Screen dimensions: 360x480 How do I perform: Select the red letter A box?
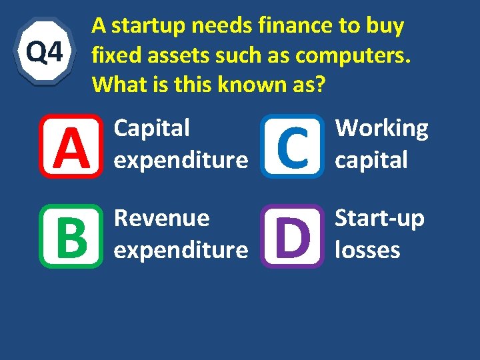[71, 146]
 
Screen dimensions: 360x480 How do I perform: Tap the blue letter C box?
[292, 146]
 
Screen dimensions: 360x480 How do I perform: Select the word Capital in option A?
[152, 129]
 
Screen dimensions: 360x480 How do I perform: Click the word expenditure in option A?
[181, 161]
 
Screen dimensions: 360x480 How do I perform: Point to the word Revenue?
[162, 219]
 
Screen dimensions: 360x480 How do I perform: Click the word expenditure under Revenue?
[181, 251]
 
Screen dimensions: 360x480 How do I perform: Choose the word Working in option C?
[381, 129]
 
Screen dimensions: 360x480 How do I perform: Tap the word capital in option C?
[371, 161]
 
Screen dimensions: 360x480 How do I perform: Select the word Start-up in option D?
[379, 219]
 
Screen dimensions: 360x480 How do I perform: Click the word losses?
[367, 251]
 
